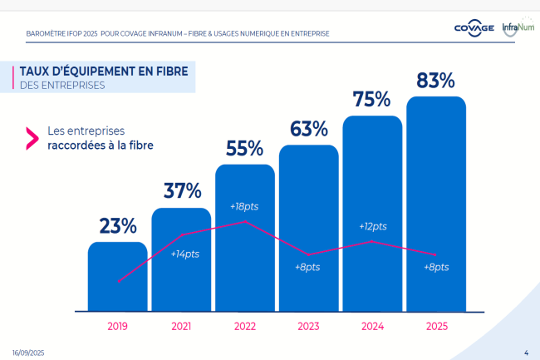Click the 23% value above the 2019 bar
click(x=118, y=226)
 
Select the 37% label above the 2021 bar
click(x=182, y=191)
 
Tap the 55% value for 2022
click(x=244, y=148)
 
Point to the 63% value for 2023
click(x=308, y=129)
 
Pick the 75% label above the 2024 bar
click(x=371, y=99)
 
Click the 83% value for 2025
click(x=435, y=81)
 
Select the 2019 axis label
click(x=118, y=327)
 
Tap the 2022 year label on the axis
click(x=245, y=327)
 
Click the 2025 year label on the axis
click(x=435, y=327)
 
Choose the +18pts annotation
click(x=244, y=206)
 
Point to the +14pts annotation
click(x=184, y=254)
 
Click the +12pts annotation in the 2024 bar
click(x=372, y=226)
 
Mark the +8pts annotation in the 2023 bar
click(x=307, y=267)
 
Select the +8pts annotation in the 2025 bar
click(x=435, y=267)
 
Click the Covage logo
click(x=474, y=28)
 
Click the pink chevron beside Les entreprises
click(x=32, y=138)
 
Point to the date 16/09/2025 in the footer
click(x=28, y=353)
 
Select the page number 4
click(x=527, y=353)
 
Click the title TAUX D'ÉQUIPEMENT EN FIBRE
click(x=103, y=71)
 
